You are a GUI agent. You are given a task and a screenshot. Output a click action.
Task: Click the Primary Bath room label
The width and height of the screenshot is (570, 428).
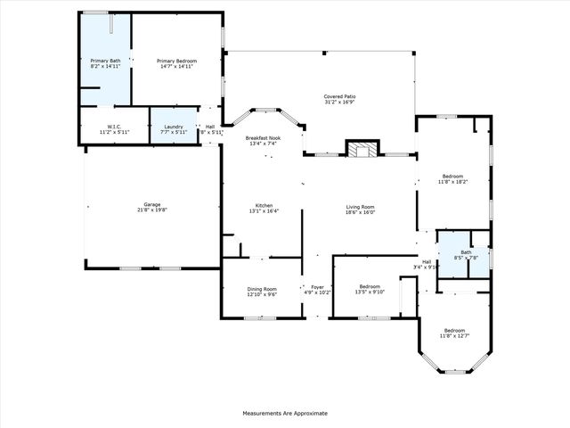[x=105, y=61]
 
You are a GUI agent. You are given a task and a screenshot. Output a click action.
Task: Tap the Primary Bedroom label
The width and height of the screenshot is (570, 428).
[x=178, y=61]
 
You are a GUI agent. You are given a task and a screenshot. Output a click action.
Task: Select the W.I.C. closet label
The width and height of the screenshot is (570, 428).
[x=114, y=127]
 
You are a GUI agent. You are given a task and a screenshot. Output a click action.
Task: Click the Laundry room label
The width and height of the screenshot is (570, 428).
[x=172, y=127]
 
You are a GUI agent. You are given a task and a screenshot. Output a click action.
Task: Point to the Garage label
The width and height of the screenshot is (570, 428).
[x=153, y=204]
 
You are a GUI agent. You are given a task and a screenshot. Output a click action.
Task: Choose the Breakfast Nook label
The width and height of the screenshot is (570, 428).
[x=263, y=138]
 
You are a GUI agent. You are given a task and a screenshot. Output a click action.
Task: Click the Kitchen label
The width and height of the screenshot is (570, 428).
[x=264, y=205]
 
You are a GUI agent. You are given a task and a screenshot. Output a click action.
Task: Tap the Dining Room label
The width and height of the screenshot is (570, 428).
[x=262, y=289]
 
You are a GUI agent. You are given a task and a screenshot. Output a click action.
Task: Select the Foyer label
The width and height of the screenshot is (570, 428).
[x=317, y=287]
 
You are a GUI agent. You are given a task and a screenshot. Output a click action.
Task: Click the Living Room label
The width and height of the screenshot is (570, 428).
[x=361, y=206]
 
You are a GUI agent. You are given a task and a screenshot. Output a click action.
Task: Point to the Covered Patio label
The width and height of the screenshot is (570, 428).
[x=339, y=95]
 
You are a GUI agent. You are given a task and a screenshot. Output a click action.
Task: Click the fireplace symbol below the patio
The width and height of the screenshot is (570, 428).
[x=361, y=150]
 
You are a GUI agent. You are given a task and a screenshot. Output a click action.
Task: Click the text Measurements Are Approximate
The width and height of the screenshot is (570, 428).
[x=285, y=413]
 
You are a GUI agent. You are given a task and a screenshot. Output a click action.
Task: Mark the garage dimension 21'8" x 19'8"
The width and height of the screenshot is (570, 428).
[x=153, y=210]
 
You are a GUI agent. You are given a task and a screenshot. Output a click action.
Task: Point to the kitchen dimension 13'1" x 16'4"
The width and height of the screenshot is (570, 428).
[x=264, y=211]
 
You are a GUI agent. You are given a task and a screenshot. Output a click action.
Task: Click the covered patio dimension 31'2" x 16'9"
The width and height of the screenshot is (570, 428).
[x=339, y=102]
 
